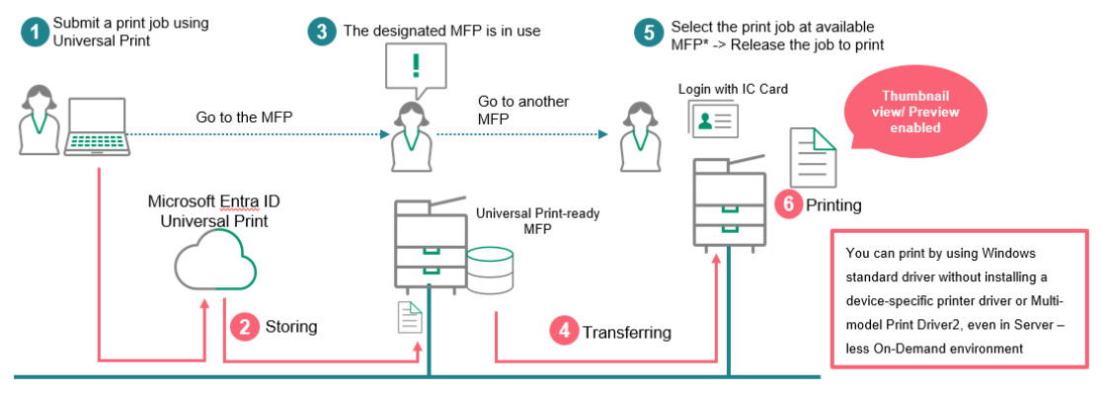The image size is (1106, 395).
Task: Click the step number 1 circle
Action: pos(36,31)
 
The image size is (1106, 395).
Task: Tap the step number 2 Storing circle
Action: pos(243,326)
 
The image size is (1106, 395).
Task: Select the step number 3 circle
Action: pos(322,31)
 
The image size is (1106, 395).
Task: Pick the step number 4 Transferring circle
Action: pos(563,332)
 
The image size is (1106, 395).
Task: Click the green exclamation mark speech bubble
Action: pos(416,68)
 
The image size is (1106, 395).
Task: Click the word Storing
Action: pos(291,326)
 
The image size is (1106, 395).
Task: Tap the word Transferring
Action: pos(626,332)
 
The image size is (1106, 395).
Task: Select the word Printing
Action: pos(833,205)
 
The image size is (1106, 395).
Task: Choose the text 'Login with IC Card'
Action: pos(733,89)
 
